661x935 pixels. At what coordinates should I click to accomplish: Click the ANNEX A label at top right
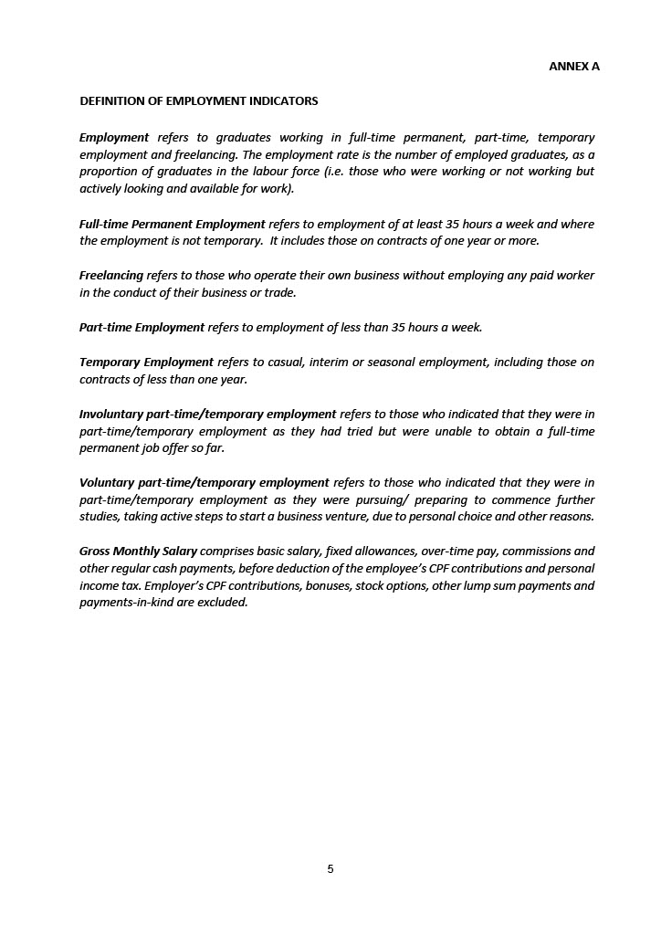point(573,67)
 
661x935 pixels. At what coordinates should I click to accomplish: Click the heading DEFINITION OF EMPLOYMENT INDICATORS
point(198,100)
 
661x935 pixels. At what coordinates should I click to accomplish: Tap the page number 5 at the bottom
point(330,869)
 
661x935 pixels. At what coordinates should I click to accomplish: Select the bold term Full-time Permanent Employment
point(172,224)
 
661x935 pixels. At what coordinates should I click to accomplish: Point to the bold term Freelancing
point(111,276)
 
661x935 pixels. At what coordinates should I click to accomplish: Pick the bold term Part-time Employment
point(142,327)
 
